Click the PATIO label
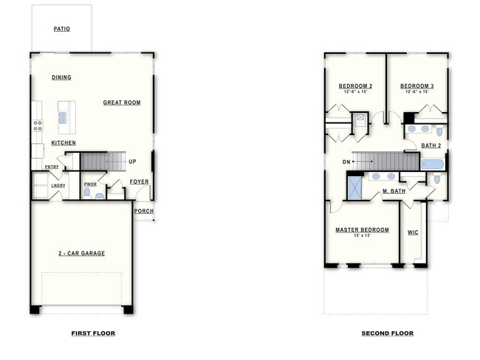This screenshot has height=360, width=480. coord(62,30)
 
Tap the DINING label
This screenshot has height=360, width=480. coord(61,77)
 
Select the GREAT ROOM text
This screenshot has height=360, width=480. coord(122,103)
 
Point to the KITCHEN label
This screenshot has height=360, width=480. coord(64,142)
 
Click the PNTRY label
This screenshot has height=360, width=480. coord(52,167)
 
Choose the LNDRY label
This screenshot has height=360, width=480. coord(58,185)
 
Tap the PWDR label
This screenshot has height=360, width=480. coord(90,184)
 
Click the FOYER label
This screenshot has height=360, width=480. coord(139,181)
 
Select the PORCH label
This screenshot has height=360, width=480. coord(144,212)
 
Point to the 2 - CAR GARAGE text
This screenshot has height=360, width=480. coord(81,253)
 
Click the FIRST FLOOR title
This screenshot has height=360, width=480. coord(93,333)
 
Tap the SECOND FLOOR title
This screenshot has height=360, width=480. coord(387,333)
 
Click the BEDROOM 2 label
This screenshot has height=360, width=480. coord(355,86)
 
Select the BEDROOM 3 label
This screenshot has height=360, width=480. coord(417,86)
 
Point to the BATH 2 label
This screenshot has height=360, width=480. coord(431,145)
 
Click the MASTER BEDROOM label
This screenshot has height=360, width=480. coord(362,229)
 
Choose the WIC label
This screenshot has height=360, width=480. coord(413,232)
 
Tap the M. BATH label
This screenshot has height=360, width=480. coord(394,192)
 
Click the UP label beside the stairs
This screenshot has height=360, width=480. coord(132,162)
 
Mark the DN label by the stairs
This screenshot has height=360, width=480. coord(346,162)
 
